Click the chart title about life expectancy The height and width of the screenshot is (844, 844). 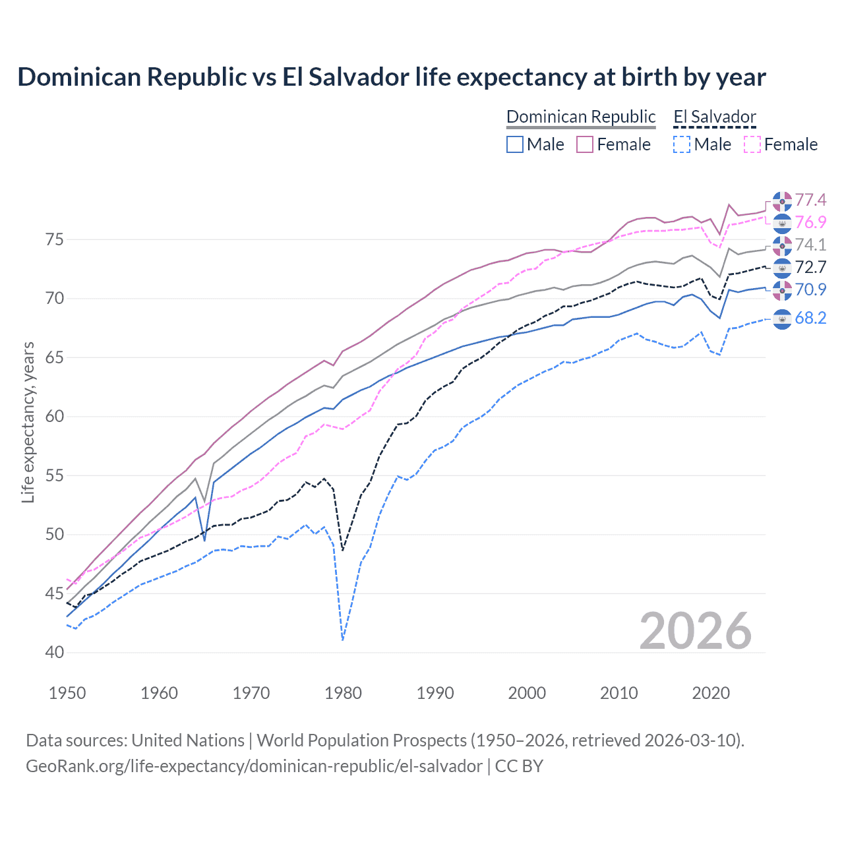coord(392,77)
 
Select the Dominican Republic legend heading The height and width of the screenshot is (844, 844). coord(581,117)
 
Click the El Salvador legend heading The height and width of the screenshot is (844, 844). coord(714,117)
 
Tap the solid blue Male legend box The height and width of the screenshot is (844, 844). coord(515,144)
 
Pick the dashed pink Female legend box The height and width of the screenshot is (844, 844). coord(752,144)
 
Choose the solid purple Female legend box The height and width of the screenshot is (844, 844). coord(585,144)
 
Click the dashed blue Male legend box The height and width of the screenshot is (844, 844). coord(682,144)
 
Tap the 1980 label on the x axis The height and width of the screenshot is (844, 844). coord(343,693)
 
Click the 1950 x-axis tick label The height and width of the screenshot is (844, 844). coord(68,693)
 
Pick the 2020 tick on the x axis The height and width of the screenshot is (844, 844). coord(711,693)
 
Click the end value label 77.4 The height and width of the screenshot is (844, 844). coord(810,200)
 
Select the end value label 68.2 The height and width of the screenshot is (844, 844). coord(810,318)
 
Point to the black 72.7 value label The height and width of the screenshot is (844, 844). coord(810,267)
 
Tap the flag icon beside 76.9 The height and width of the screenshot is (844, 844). coord(782,223)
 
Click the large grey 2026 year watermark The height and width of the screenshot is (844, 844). coord(696,631)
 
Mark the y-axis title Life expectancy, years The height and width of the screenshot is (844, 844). coord(28,422)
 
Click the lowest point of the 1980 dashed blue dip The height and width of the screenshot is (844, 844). coord(343,640)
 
